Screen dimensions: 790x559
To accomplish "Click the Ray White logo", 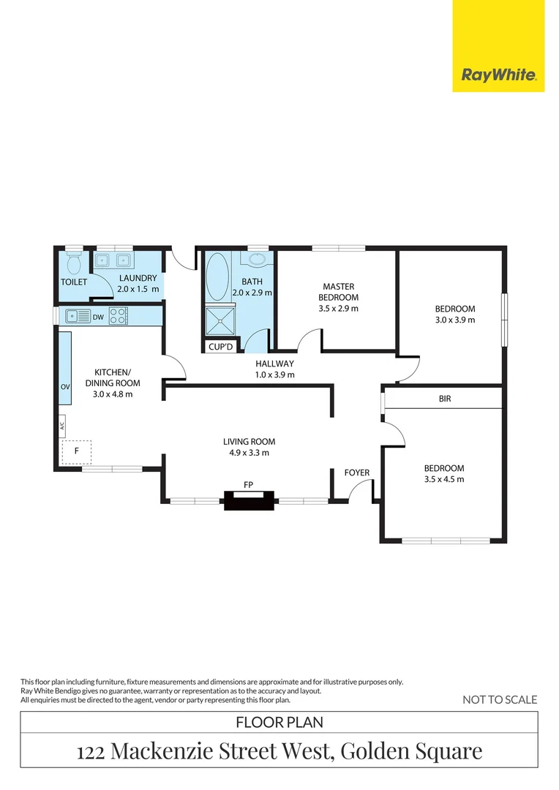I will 499,75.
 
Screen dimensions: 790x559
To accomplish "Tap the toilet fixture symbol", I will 73,263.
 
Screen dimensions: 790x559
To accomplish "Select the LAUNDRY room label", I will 137,278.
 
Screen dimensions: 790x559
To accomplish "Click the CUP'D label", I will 220,347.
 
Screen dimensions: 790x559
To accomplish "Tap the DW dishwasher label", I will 98,317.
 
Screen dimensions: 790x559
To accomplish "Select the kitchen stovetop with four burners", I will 118,316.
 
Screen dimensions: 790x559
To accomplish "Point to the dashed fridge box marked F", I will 76,451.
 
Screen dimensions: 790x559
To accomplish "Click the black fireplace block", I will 250,501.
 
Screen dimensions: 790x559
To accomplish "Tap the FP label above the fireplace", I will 249,484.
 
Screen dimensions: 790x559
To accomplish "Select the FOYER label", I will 357,473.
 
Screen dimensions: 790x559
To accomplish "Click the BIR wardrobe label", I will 445,399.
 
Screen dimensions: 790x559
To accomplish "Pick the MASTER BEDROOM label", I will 339,292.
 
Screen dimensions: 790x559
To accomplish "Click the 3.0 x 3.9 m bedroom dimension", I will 455,320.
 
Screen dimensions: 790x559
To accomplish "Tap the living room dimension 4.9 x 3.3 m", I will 250,453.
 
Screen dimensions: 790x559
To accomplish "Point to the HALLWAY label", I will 274,364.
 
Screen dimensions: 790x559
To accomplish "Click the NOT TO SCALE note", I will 500,700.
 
